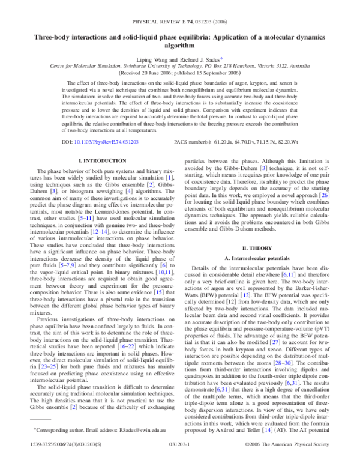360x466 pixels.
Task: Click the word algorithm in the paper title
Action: point(181,44)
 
